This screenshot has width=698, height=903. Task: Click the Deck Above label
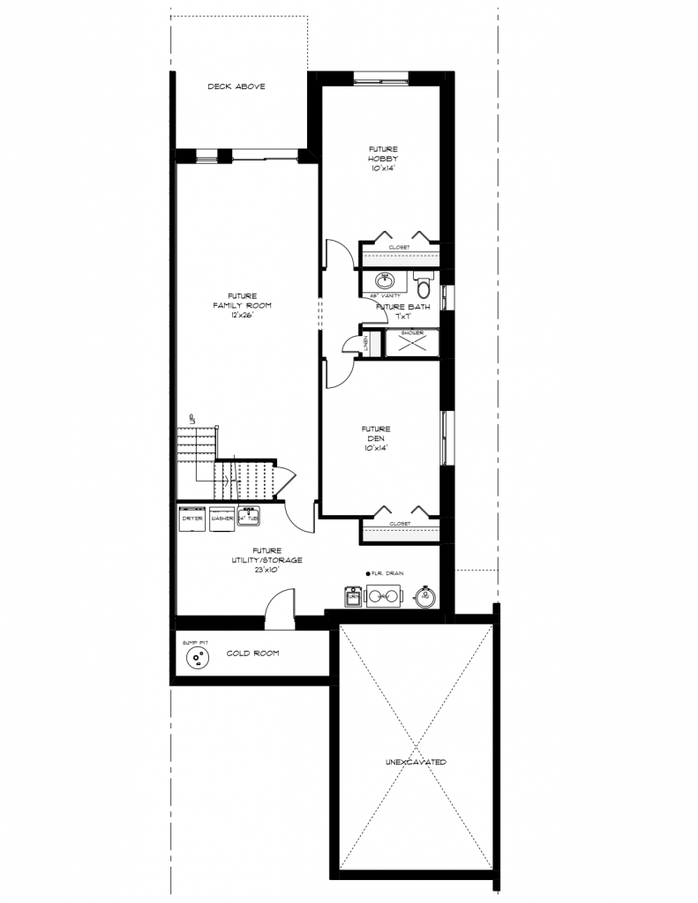coord(236,86)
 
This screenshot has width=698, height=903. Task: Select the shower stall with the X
coord(412,344)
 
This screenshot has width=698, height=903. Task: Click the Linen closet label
coord(366,344)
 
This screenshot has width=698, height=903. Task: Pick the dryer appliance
coord(191,518)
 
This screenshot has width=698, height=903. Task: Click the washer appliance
coord(221,518)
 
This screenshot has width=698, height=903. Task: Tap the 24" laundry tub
coord(248,517)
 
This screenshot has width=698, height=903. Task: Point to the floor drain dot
coord(366,573)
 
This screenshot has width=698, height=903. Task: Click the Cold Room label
coord(252,653)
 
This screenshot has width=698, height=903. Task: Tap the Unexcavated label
coord(415,760)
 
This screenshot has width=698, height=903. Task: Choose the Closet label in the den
coord(400,524)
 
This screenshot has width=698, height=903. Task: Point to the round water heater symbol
coord(426,597)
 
